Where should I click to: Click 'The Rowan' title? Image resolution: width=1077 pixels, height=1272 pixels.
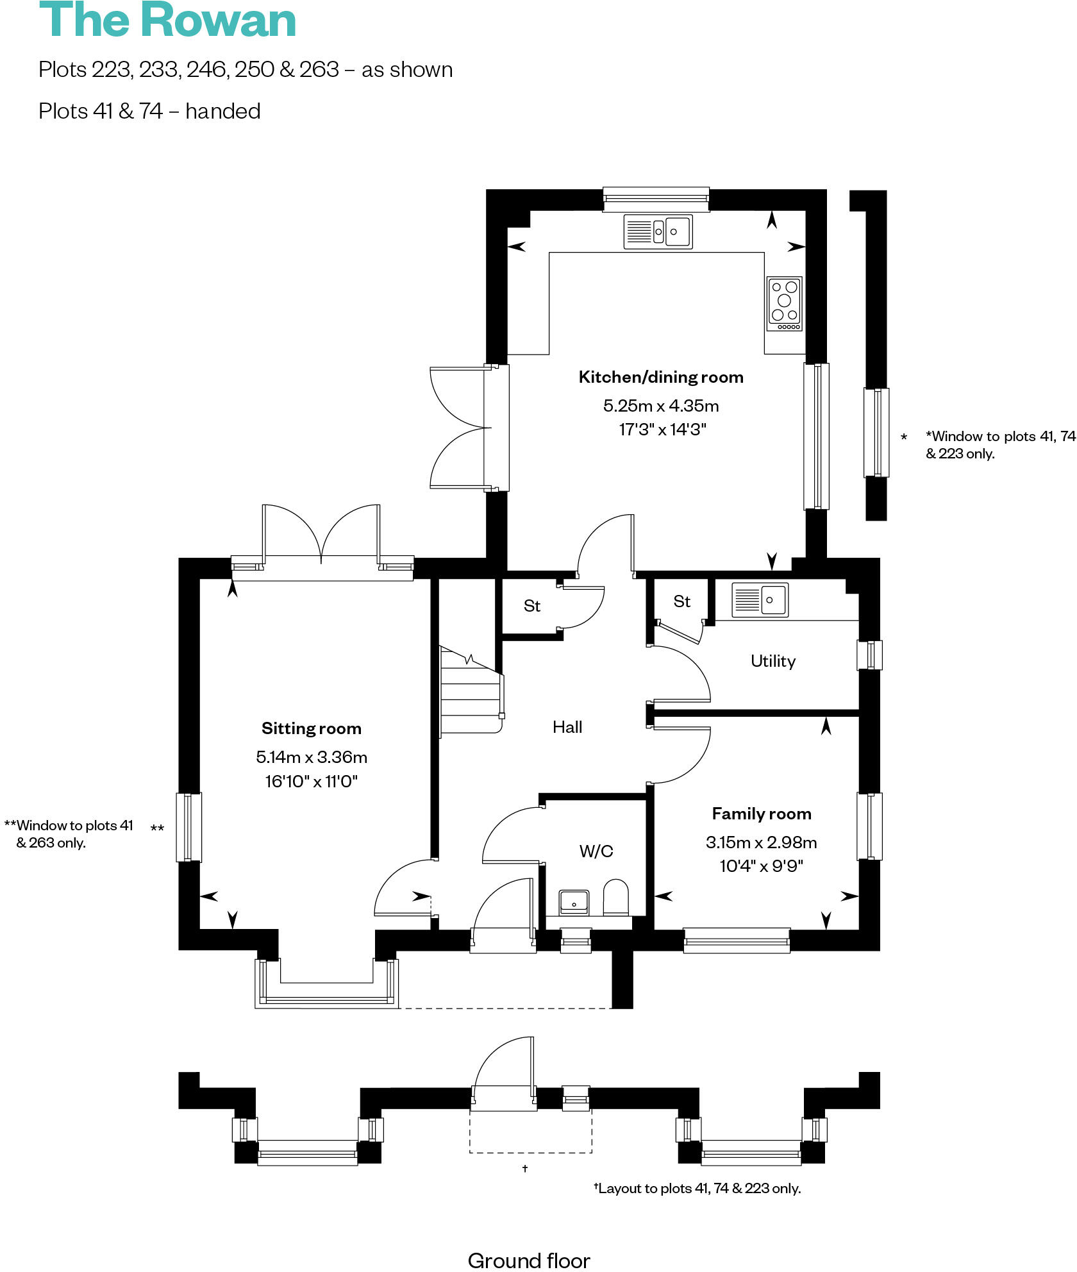[x=168, y=21]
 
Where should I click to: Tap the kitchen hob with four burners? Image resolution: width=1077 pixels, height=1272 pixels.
[x=785, y=304]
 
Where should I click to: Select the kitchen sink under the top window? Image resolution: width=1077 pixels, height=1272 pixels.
[x=658, y=231]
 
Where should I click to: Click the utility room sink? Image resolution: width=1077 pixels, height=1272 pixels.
[x=760, y=600]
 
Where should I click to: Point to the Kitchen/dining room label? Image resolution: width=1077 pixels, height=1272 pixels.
[x=661, y=377]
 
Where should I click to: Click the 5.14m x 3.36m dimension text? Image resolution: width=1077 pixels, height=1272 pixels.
[x=312, y=757]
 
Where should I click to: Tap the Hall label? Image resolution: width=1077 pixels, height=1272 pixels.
[x=567, y=727]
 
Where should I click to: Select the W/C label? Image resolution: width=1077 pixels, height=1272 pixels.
[x=596, y=851]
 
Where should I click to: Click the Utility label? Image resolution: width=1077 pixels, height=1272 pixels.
[x=773, y=661]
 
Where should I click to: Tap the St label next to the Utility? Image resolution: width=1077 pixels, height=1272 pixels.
[x=681, y=601]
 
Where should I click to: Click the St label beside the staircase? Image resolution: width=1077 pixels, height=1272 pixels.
[x=532, y=606]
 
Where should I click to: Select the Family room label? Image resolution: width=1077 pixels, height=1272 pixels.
[x=762, y=814]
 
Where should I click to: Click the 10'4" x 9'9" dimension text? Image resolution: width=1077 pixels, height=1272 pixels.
[x=762, y=866]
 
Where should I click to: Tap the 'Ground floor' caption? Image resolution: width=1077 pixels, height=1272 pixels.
[x=529, y=1260]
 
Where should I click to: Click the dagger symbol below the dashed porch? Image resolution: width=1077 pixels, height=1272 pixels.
[x=525, y=1168]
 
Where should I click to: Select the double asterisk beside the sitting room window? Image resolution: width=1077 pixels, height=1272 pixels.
[x=157, y=828]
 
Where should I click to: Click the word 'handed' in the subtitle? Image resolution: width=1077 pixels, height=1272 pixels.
[x=222, y=112]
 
